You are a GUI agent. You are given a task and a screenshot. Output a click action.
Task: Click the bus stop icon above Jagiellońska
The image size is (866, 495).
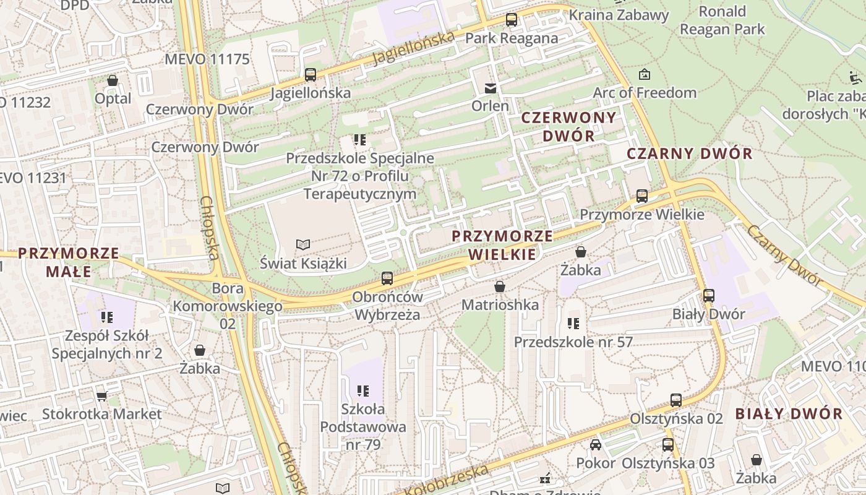(x=311, y=75)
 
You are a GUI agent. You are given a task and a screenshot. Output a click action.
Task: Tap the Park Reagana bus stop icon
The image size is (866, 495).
(x=512, y=20)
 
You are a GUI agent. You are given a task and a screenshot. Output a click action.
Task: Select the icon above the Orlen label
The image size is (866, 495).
(x=491, y=88)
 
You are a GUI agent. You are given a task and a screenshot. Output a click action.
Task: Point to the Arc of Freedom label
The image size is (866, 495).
(x=645, y=93)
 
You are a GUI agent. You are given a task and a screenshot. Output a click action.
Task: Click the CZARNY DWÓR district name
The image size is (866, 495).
(x=690, y=153)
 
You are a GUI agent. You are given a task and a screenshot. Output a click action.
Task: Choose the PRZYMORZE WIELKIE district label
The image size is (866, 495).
(x=502, y=245)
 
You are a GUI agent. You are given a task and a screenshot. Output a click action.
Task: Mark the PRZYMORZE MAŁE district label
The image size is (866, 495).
(x=68, y=262)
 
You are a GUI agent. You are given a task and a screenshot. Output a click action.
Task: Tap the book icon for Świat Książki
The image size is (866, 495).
(x=302, y=245)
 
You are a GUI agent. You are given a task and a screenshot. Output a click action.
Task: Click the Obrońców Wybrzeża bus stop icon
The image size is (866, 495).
(x=387, y=278)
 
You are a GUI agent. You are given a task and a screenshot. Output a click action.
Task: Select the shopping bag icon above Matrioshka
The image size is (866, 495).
(x=500, y=287)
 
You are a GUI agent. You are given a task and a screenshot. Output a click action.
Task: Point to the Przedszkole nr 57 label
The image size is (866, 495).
(x=573, y=342)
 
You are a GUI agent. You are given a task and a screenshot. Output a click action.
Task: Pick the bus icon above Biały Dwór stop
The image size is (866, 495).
(x=709, y=296)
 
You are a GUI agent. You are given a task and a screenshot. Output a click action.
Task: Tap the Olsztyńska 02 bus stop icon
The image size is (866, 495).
(x=676, y=400)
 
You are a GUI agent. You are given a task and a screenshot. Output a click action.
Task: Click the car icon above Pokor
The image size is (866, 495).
(x=596, y=445)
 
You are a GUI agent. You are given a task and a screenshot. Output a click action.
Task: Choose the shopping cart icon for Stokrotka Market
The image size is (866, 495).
(x=102, y=396)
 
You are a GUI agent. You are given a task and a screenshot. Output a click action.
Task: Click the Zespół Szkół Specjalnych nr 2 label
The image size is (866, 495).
(x=107, y=345)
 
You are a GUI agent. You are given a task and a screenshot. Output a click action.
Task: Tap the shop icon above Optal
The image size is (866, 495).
(x=113, y=80)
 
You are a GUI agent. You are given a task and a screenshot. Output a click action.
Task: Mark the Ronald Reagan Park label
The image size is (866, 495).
(x=722, y=20)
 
